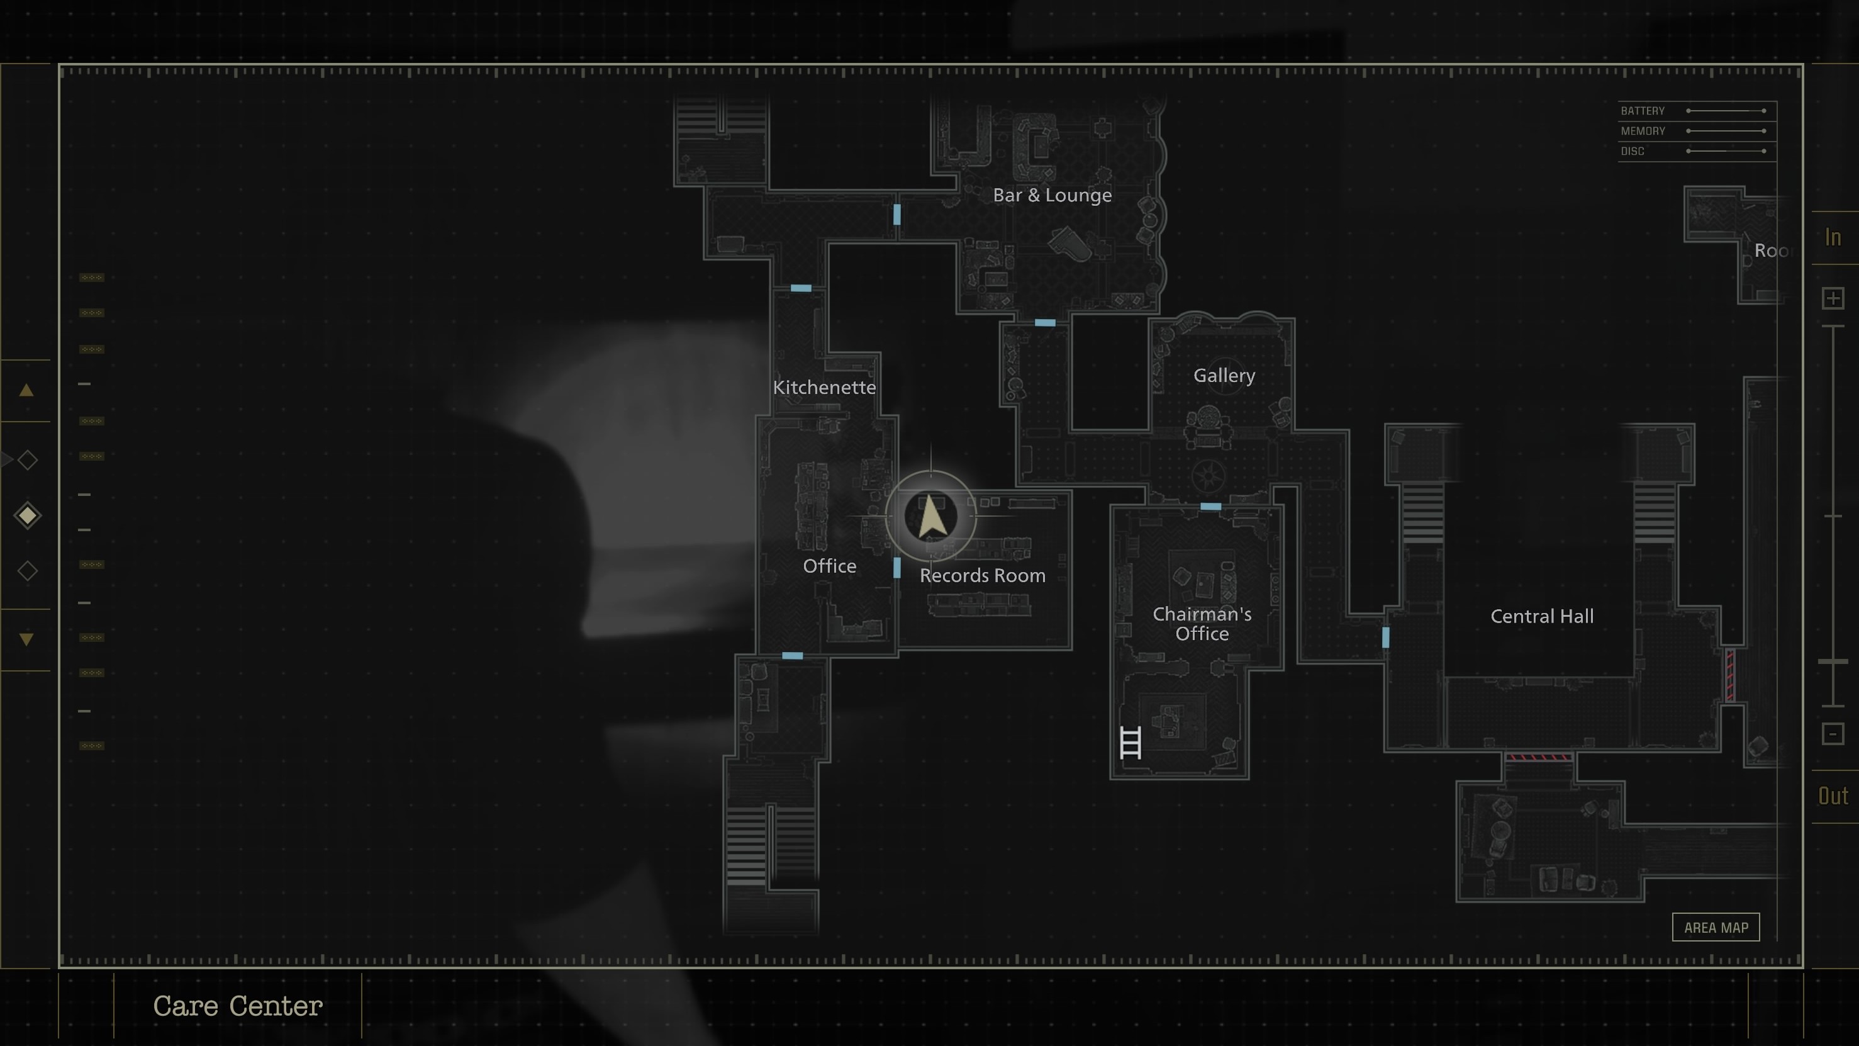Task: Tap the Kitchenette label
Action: point(824,387)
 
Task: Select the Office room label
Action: point(829,566)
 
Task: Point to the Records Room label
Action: point(982,575)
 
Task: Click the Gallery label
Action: point(1224,375)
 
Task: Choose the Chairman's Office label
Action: point(1202,624)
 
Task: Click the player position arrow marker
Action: point(931,516)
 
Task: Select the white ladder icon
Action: point(1130,743)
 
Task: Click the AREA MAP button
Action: point(1716,928)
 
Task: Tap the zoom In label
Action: point(1833,237)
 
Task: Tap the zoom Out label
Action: point(1833,796)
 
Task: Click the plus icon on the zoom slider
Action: point(1833,298)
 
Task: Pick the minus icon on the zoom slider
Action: point(1833,734)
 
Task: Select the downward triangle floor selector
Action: point(26,639)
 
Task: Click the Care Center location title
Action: point(237,1006)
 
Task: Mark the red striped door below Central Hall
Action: point(1539,757)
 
